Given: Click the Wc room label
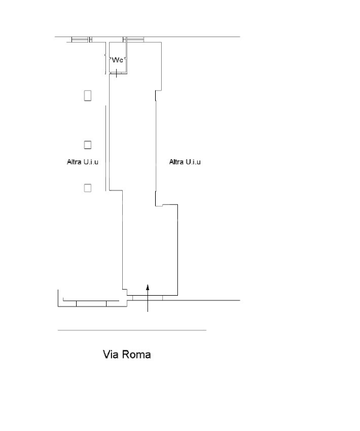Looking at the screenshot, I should click(x=117, y=60).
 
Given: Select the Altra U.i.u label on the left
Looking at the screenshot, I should click(x=83, y=162).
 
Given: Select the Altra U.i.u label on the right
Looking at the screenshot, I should click(x=185, y=162).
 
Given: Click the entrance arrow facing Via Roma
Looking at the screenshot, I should click(x=148, y=298).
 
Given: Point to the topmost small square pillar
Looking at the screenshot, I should click(x=87, y=95).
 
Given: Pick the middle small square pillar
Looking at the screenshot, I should click(x=87, y=144).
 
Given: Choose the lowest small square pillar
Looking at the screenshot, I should click(x=87, y=188).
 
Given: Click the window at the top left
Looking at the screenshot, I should click(x=80, y=40).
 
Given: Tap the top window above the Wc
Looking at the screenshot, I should click(x=134, y=40).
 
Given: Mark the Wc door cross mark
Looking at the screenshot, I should click(x=117, y=73).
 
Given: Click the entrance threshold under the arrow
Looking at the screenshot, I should click(x=148, y=298).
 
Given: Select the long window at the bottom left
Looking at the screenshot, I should click(x=91, y=303).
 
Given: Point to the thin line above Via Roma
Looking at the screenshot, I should click(x=132, y=330).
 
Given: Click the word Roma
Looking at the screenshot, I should click(x=137, y=354).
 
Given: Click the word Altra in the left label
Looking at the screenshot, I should click(x=75, y=162).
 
